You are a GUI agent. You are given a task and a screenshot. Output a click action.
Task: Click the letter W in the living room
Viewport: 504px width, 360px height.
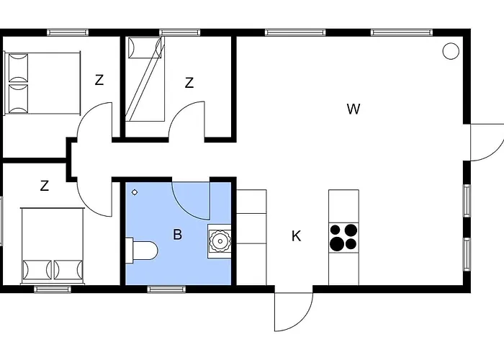click(353, 109)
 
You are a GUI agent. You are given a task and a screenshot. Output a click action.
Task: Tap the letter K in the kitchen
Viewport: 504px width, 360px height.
click(296, 235)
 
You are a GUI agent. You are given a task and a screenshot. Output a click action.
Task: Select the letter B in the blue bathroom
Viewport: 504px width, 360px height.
click(178, 233)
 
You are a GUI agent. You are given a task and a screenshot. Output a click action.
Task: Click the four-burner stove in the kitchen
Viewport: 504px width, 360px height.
click(343, 237)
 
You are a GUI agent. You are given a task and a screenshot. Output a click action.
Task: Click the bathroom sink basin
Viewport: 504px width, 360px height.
click(220, 240)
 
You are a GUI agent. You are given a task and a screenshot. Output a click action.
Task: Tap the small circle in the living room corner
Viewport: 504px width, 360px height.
click(451, 50)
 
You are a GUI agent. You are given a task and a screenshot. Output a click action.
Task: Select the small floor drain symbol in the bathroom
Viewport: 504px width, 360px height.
click(135, 192)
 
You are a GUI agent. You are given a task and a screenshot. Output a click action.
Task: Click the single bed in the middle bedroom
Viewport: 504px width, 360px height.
click(146, 79)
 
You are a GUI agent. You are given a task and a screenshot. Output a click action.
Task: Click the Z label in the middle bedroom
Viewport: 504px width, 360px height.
click(189, 83)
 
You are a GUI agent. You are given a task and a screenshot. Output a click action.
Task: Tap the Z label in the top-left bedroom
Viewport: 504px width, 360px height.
click(99, 80)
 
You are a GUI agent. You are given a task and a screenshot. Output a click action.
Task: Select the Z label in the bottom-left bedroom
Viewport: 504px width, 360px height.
click(45, 186)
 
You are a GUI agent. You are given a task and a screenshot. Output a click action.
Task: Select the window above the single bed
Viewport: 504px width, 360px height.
click(179, 32)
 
